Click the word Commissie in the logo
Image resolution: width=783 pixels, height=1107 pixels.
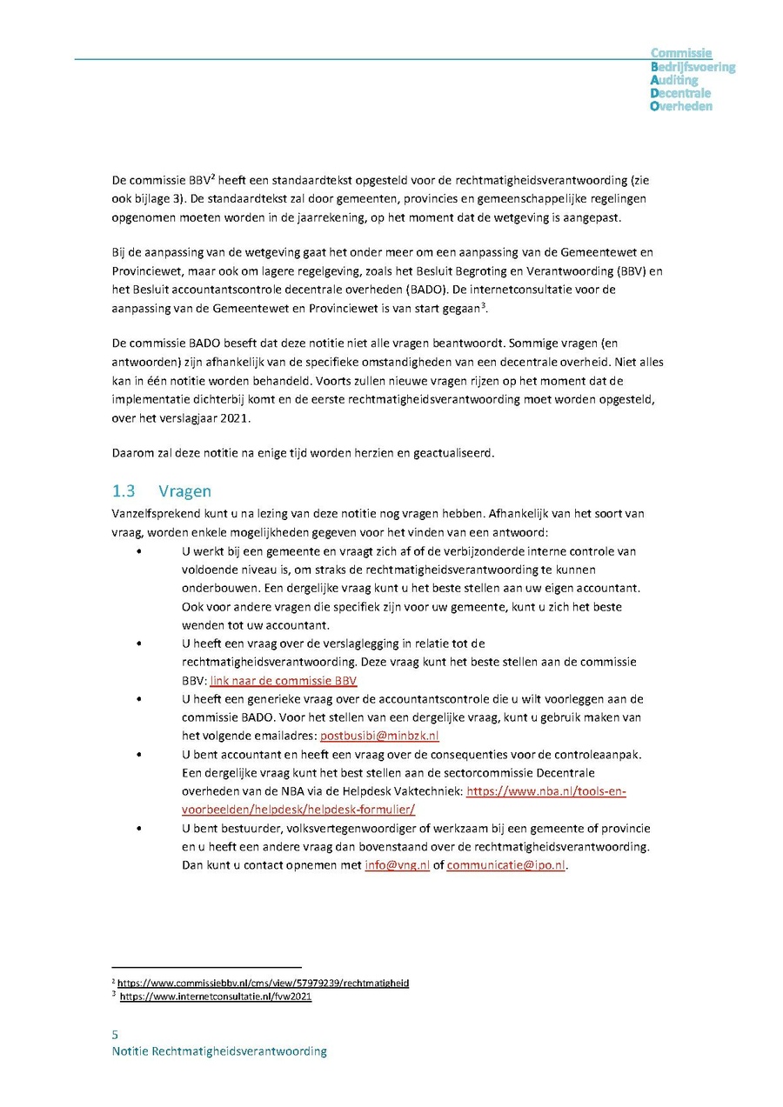tap(681, 54)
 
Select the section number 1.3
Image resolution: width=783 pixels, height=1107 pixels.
tap(123, 491)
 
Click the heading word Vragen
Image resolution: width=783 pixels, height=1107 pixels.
tap(184, 491)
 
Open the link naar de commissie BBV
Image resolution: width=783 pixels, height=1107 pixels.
tap(283, 680)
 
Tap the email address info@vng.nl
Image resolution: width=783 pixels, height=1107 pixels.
tap(397, 865)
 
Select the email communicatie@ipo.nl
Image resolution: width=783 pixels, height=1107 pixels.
tap(506, 865)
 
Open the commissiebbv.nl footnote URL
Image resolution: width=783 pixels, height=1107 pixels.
tap(263, 983)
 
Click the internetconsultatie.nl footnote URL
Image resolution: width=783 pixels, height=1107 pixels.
tap(215, 997)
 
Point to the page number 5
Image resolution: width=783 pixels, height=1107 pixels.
tap(115, 1034)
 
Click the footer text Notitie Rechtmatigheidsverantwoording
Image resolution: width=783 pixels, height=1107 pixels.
tap(219, 1050)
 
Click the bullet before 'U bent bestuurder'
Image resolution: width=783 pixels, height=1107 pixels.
tap(139, 829)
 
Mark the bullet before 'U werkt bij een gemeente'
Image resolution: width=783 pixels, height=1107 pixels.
tap(139, 551)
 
